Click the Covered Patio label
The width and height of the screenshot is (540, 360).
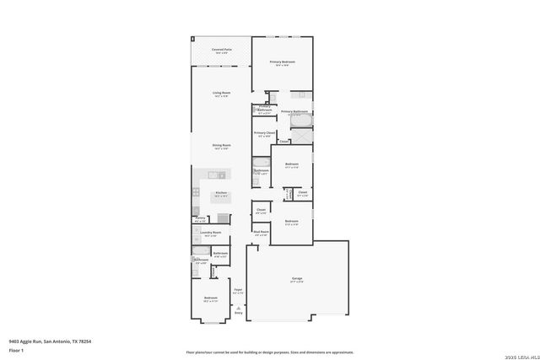coord(221,51)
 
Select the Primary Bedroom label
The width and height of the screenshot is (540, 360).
coord(283,63)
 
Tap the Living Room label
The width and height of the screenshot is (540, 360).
coord(221,94)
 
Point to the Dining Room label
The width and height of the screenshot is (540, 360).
coord(221,146)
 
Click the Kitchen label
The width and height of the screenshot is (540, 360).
coord(220,193)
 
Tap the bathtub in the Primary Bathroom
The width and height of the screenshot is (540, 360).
coord(301,121)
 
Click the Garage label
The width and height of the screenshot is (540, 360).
coord(297,279)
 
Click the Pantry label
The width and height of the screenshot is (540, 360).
coord(200,218)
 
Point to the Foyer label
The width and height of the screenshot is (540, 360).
coord(238,291)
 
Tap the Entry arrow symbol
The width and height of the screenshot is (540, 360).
coord(238,309)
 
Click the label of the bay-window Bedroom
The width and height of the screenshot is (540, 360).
coord(210,298)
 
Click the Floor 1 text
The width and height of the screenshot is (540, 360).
coord(16,349)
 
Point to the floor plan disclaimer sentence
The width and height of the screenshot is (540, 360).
coord(270,352)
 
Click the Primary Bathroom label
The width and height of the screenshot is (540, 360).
coord(294,112)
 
